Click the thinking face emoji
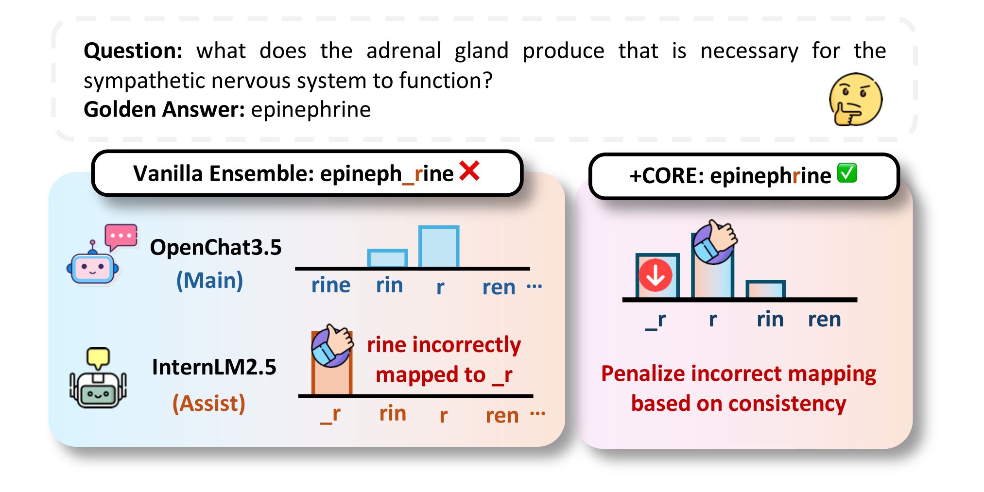coord(855,100)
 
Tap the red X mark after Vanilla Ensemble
coord(469,171)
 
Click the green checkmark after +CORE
coord(847,173)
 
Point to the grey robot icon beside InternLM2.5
coord(98,378)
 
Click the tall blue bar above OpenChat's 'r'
coord(439,246)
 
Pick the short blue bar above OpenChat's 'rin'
coord(387,258)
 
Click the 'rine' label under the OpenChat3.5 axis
coord(330,285)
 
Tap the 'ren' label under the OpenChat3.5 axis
coord(499,288)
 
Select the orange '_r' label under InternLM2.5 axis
coord(330,415)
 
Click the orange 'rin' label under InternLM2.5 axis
coord(393,414)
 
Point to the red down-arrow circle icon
coord(656,275)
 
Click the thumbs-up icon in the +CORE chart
coord(715,241)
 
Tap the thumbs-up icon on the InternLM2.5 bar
coord(332,345)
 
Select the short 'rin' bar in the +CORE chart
coord(765,289)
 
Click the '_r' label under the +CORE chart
coord(655,321)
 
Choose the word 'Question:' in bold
coord(133,51)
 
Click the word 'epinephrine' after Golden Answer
coord(311,110)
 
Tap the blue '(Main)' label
coord(209,281)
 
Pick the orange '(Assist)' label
coord(209,404)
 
